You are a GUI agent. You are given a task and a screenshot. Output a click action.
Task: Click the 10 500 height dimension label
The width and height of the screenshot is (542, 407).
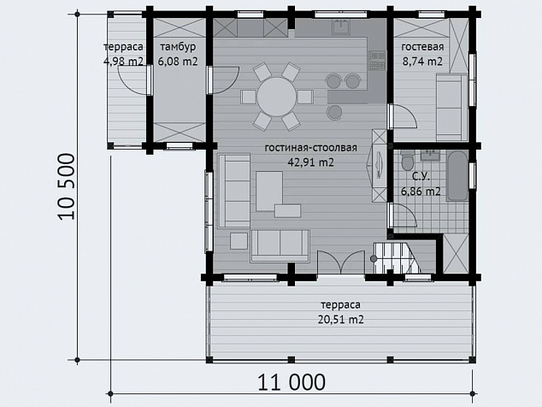pos(66,186)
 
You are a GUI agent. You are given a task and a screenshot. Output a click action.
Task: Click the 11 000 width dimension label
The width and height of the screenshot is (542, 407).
pos(292,382)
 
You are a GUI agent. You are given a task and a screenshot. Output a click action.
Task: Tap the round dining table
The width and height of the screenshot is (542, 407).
pos(276,97)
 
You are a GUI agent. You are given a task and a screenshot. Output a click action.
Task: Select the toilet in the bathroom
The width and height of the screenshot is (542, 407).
pos(408,160)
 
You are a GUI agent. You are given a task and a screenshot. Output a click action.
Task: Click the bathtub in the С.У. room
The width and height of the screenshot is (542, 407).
pos(457,175)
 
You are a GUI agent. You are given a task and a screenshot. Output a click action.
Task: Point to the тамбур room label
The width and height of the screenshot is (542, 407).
pos(178,47)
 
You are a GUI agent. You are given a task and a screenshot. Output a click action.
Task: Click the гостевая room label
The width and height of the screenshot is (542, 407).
pos(422,47)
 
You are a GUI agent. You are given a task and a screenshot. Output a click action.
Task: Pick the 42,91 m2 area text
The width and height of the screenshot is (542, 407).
pos(311,162)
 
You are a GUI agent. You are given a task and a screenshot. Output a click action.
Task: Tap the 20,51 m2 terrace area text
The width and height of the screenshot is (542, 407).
pos(341,319)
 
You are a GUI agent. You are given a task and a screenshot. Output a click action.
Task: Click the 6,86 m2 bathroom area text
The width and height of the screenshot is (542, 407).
pos(421,192)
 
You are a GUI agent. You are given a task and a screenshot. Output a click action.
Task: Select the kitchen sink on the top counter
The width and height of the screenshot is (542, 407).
pos(341,27)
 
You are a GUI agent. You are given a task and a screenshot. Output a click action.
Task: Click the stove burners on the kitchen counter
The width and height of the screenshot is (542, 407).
pos(377,61)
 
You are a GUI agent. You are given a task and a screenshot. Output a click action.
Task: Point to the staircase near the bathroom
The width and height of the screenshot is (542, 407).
pos(397,258)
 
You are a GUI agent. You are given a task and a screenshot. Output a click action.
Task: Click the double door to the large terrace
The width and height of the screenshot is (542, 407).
pos(341,262)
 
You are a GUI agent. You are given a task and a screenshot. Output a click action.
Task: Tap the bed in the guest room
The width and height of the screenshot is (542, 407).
pos(451,107)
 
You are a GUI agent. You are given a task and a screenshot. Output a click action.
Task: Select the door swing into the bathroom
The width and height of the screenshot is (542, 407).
pos(404,215)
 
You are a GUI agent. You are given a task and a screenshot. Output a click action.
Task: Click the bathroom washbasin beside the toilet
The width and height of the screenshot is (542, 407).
pos(430,156)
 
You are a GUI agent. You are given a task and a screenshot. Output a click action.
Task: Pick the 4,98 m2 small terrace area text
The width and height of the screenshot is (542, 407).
pos(123,62)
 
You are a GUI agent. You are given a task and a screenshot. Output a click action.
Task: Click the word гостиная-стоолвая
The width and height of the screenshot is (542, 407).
pos(310,148)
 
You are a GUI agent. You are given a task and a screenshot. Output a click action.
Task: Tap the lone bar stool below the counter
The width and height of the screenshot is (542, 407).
pos(334,112)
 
